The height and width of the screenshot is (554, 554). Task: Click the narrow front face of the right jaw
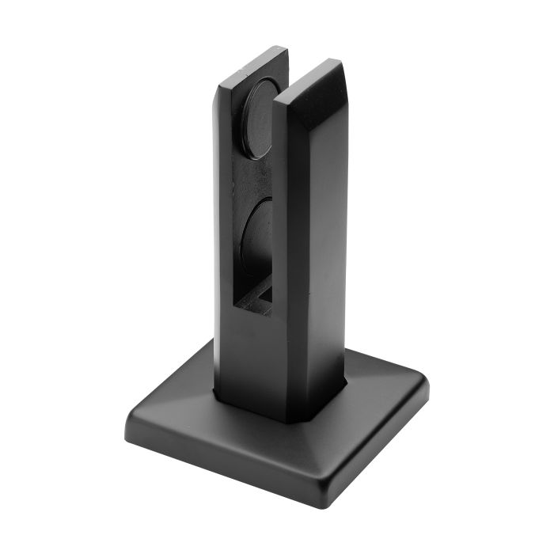tap(289, 237)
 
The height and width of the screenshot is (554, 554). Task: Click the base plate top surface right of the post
tap(380, 388)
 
